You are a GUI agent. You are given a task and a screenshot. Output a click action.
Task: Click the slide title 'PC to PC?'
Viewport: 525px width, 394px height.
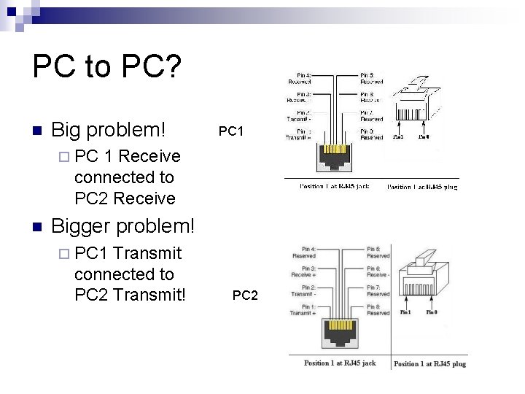pyautogui.click(x=106, y=67)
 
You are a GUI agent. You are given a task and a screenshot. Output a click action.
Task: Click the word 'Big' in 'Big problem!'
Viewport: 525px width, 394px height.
pyautogui.click(x=69, y=131)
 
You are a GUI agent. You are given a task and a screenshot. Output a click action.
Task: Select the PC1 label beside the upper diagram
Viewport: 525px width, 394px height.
pyautogui.click(x=230, y=131)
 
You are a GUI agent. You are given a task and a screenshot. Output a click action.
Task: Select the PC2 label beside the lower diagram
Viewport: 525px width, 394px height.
pyautogui.click(x=245, y=295)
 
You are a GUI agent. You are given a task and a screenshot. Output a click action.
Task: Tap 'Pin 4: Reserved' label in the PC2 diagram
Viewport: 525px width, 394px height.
pyautogui.click(x=303, y=252)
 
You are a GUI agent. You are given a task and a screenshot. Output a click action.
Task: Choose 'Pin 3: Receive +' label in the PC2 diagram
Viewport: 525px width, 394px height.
pyautogui.click(x=303, y=271)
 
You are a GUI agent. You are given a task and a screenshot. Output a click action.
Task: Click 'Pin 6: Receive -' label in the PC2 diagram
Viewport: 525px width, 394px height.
pyautogui.click(x=378, y=271)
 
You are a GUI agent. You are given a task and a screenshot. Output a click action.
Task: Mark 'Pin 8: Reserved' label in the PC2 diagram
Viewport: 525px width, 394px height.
pyautogui.click(x=378, y=309)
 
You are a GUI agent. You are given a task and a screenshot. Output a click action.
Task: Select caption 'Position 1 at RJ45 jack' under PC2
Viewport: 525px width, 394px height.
pyautogui.click(x=340, y=363)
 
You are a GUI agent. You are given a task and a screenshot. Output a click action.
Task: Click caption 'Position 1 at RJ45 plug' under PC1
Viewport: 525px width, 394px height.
pyautogui.click(x=422, y=187)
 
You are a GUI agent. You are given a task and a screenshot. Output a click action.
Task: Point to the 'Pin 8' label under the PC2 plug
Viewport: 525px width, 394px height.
pyautogui.click(x=432, y=312)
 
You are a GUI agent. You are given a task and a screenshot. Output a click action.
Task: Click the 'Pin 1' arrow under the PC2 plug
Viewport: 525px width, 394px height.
pyautogui.click(x=406, y=306)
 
